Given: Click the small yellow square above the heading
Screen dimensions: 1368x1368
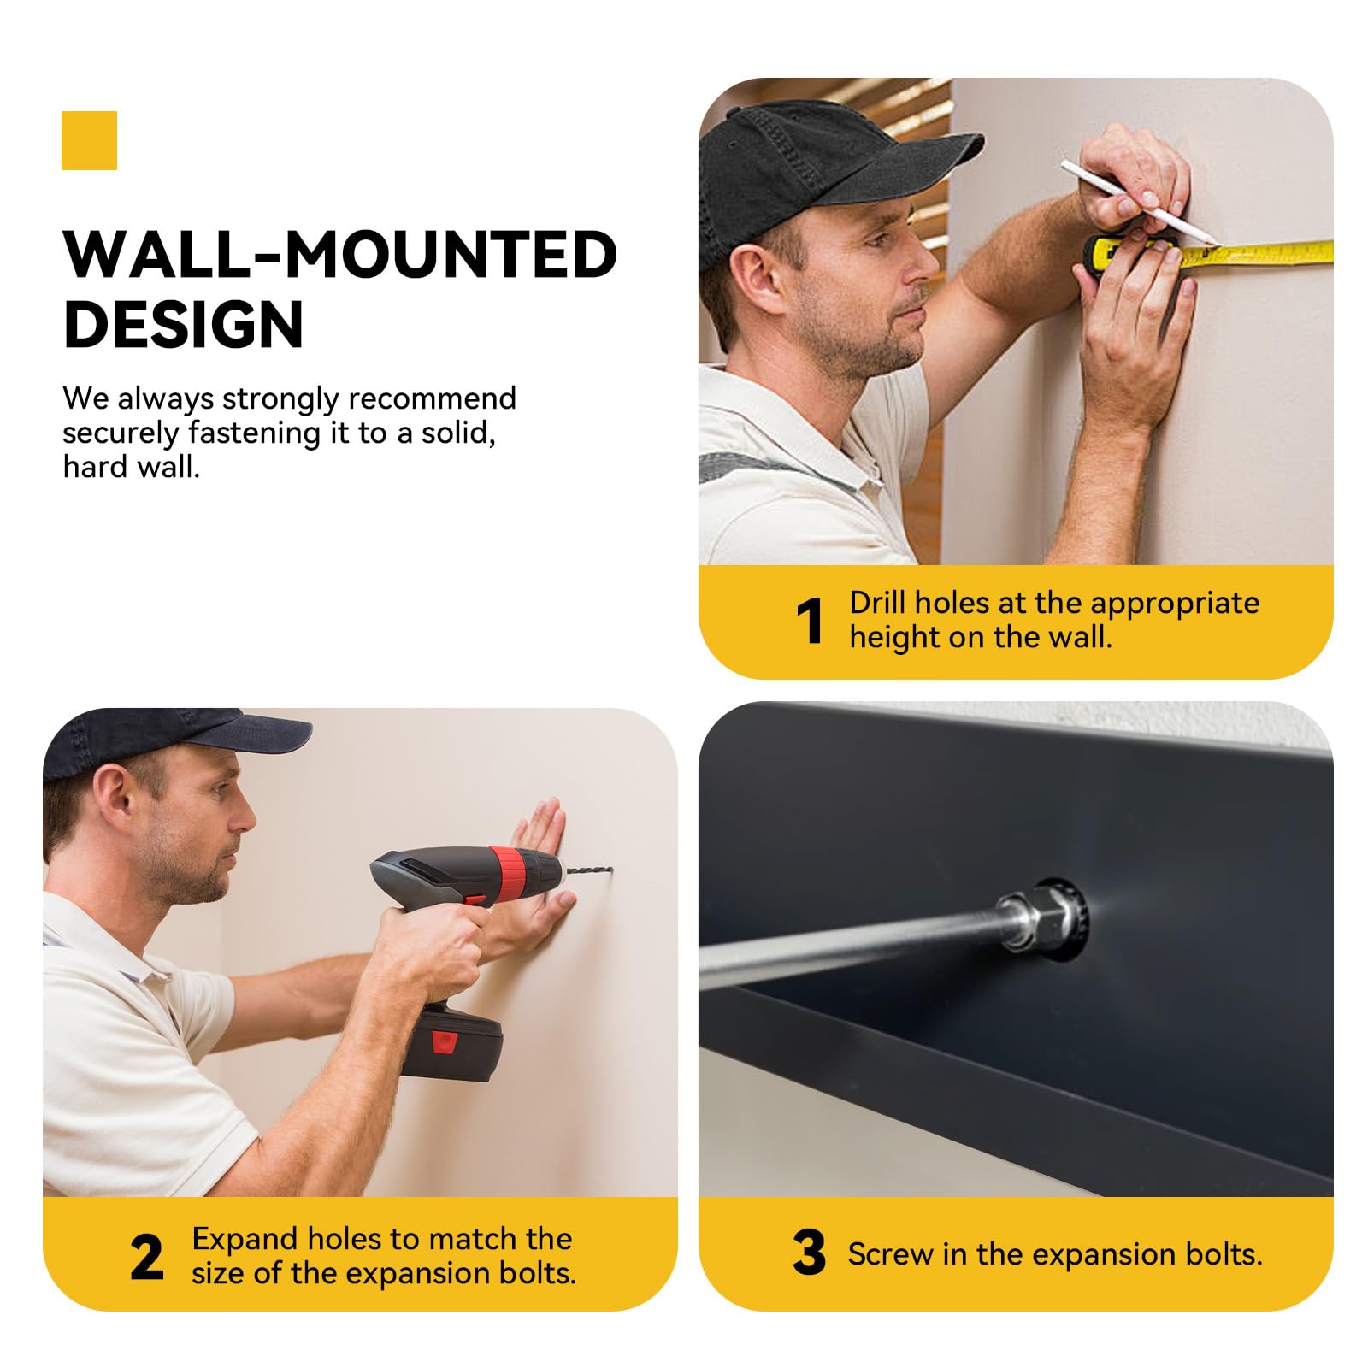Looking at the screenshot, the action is [x=89, y=140].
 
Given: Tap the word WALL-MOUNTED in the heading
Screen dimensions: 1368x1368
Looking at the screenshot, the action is [x=340, y=254].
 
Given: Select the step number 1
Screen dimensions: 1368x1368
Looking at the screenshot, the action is [x=809, y=621].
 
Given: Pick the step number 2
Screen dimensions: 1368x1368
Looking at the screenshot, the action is [x=147, y=1257].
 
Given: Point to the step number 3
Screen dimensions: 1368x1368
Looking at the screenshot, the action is [x=809, y=1253].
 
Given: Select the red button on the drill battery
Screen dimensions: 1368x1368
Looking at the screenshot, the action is [x=443, y=1041].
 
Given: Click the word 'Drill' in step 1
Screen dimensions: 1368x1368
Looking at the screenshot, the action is [x=876, y=603].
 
